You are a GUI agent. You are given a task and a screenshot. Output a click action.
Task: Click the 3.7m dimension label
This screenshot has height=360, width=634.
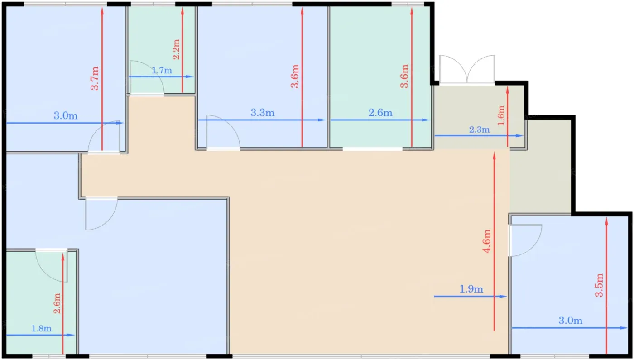(95, 78)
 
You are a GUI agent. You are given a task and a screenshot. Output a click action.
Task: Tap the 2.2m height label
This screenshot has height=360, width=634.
(176, 49)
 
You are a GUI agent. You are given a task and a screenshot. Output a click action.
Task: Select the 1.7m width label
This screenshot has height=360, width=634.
(162, 70)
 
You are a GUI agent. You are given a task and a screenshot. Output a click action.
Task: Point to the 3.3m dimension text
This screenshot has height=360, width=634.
(262, 113)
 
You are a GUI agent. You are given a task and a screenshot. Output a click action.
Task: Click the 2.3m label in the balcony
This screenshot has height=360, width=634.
(479, 130)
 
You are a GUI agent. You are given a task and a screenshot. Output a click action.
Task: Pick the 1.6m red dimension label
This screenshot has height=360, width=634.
(501, 115)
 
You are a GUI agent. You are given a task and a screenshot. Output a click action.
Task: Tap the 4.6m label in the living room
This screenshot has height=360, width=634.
(486, 241)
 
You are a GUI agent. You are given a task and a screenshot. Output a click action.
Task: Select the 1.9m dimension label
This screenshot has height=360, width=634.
(471, 289)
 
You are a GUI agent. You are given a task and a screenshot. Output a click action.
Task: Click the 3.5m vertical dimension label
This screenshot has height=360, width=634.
(599, 285)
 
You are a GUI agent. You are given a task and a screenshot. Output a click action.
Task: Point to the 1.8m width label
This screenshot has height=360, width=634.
(41, 329)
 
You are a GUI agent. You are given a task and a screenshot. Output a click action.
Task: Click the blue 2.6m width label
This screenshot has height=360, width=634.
(380, 113)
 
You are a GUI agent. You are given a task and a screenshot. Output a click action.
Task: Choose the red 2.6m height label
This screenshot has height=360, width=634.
(57, 303)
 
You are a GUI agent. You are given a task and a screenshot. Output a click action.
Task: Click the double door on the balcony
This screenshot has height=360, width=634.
(467, 70)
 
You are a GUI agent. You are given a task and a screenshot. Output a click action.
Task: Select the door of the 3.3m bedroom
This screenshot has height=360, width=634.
(223, 132)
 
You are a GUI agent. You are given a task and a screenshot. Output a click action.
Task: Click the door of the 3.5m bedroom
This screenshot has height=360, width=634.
(525, 240)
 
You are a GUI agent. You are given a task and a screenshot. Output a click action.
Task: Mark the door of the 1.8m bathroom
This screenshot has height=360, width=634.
(52, 265)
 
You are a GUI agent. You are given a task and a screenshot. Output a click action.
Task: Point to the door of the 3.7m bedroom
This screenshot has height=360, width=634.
(104, 138)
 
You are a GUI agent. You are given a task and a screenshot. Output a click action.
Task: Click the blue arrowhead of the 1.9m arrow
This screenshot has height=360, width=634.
(503, 296)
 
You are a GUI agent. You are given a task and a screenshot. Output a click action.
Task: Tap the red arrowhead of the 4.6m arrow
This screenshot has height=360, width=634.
(494, 156)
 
